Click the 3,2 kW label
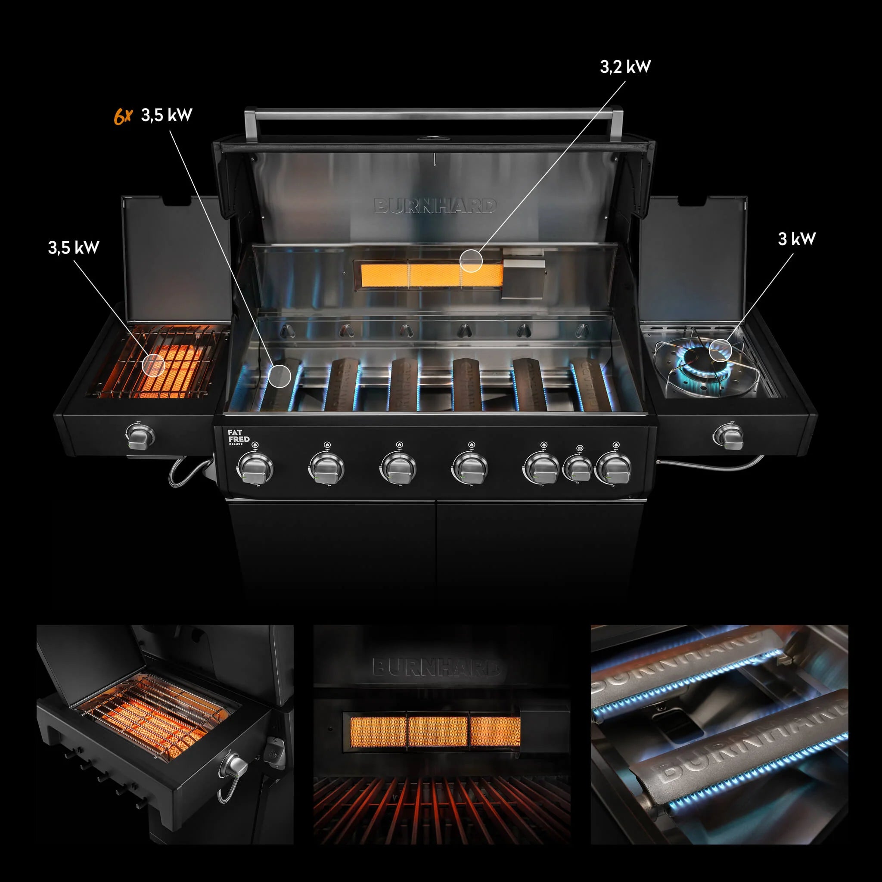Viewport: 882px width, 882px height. point(625,67)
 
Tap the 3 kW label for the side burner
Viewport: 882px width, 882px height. point(796,239)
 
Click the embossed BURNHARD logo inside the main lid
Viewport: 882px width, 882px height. point(435,206)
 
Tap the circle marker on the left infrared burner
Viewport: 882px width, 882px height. point(152,364)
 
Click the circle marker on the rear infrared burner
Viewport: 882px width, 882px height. point(471,261)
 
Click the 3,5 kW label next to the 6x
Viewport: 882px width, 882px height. point(167,115)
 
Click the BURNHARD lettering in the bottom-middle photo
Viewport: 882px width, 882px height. point(436,668)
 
